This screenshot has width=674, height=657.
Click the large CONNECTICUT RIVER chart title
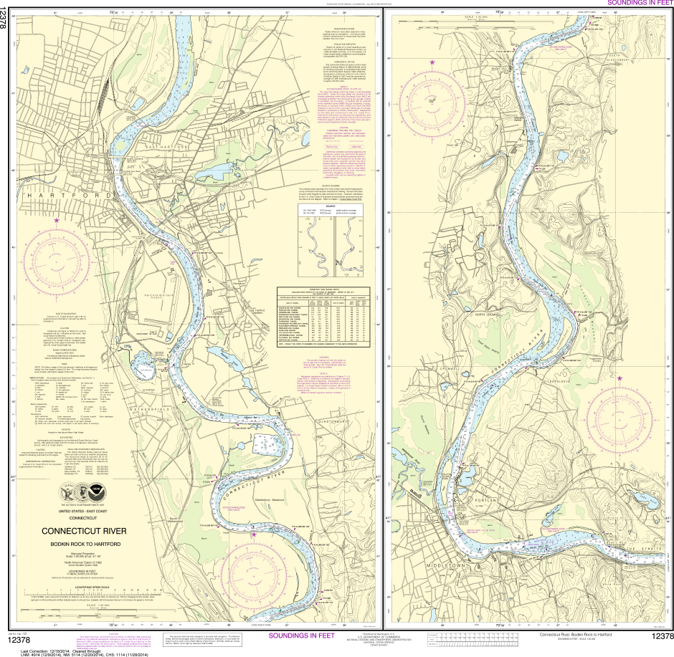[84, 531]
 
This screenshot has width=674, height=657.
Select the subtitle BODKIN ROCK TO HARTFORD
[84, 544]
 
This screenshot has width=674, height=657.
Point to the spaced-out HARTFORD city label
[70, 195]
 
